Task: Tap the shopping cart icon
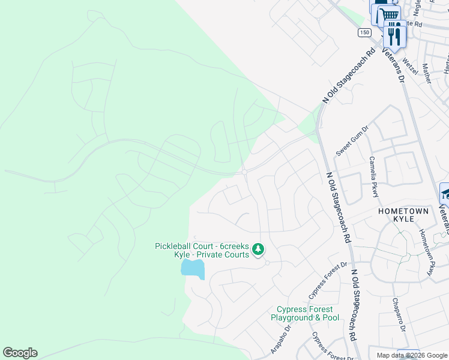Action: pyautogui.click(x=389, y=14)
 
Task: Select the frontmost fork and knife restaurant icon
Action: pyautogui.click(x=395, y=35)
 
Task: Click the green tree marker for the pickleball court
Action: pyautogui.click(x=258, y=249)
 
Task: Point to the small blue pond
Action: pyautogui.click(x=193, y=268)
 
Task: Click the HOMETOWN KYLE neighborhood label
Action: pyautogui.click(x=404, y=215)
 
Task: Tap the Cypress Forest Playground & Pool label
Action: pyautogui.click(x=304, y=313)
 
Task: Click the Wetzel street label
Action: pyautogui.click(x=409, y=60)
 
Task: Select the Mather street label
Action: pyautogui.click(x=427, y=73)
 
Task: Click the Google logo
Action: pyautogui.click(x=20, y=353)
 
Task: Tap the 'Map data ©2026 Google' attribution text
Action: pyautogui.click(x=411, y=355)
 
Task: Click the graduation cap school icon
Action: pyautogui.click(x=445, y=193)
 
